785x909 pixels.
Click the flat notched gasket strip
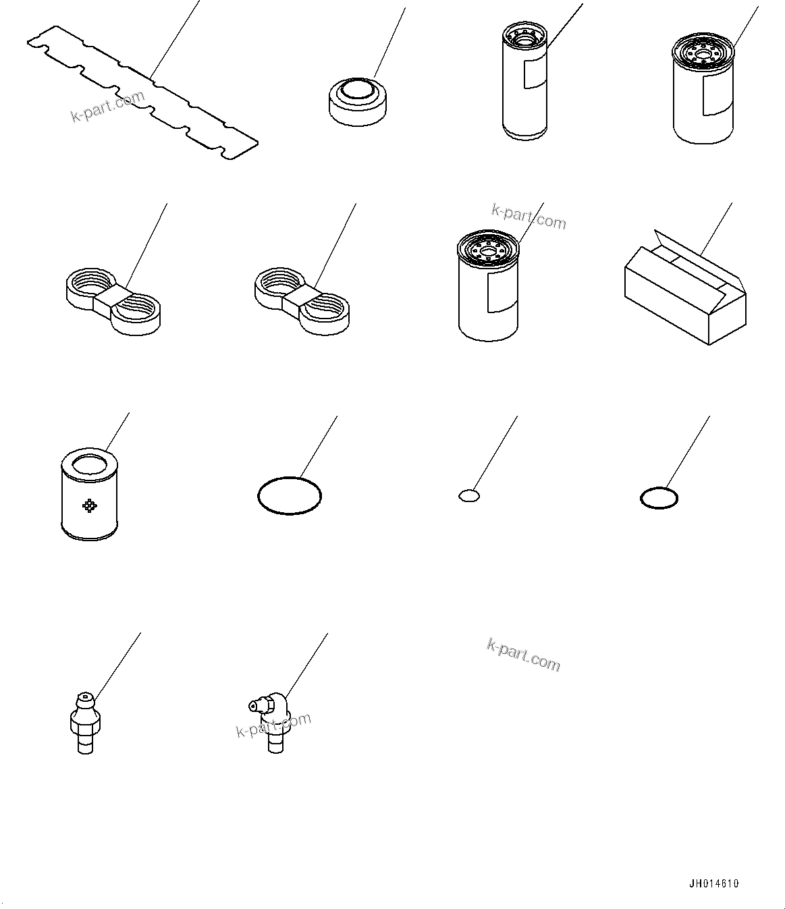pyautogui.click(x=142, y=92)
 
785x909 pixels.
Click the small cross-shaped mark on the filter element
pyautogui.click(x=89, y=505)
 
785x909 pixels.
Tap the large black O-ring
pyautogui.click(x=290, y=497)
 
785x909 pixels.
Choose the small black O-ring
pyautogui.click(x=659, y=499)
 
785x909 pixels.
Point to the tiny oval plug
pyautogui.click(x=468, y=496)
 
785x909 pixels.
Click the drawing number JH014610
pyautogui.click(x=713, y=884)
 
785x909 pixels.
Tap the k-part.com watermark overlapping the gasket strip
pyautogui.click(x=108, y=107)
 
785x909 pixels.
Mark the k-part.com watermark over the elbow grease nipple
pyautogui.click(x=273, y=725)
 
